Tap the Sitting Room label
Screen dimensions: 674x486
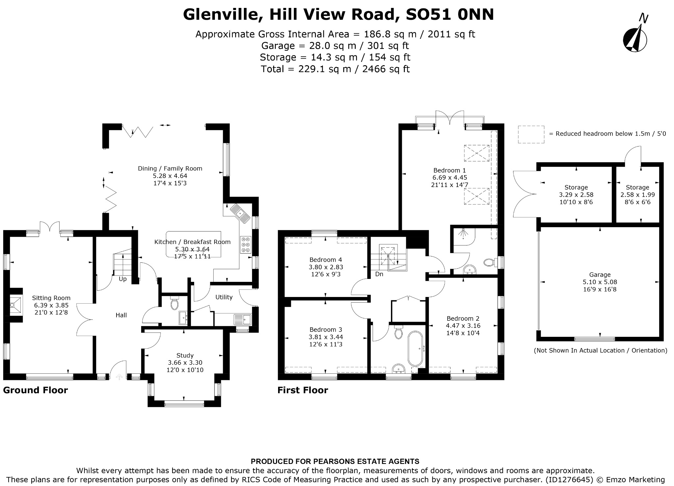51,298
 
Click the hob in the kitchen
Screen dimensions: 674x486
246,245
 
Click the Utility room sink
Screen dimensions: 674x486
242,319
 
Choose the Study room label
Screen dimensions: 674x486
185,355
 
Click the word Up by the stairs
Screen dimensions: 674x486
122,279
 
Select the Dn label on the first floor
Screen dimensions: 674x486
379,274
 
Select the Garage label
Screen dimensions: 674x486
600,275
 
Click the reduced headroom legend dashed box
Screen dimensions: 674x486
531,134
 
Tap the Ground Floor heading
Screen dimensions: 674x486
36,390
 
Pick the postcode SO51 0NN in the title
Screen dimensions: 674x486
450,14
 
